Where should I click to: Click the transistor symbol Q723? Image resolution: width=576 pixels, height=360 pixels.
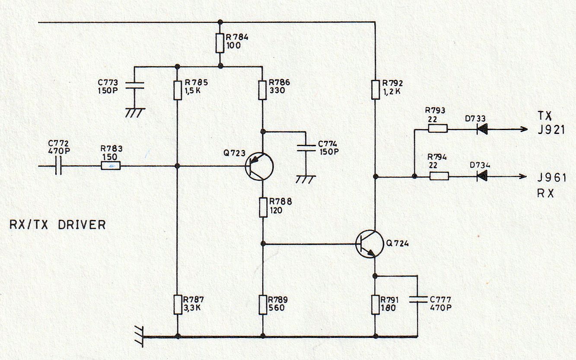pos(259,166)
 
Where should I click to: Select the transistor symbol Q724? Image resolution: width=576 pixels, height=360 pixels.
pos(369,244)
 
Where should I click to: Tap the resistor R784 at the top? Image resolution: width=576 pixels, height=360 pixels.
pos(220,43)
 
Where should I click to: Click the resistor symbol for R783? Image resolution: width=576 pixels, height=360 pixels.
pos(111,166)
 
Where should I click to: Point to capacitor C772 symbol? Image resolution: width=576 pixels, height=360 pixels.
pos(59,166)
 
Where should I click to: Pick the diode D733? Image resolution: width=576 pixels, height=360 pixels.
pos(482,128)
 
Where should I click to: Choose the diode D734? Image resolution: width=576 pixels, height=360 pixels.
pos(482,176)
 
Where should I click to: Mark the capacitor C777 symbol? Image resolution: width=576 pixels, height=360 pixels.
pos(417,299)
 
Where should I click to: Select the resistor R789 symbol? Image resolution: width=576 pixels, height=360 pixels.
pos(263,305)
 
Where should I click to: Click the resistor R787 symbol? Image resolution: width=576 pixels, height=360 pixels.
pos(177,305)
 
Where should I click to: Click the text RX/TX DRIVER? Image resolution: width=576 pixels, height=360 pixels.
pos(57,225)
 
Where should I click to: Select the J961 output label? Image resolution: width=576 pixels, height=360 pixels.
pos(552,178)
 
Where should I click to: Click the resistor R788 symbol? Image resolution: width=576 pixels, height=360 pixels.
pos(263,207)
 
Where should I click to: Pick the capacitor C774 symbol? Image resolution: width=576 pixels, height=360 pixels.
pos(306,147)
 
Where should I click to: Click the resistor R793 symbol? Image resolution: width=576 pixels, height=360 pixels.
pos(437,128)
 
